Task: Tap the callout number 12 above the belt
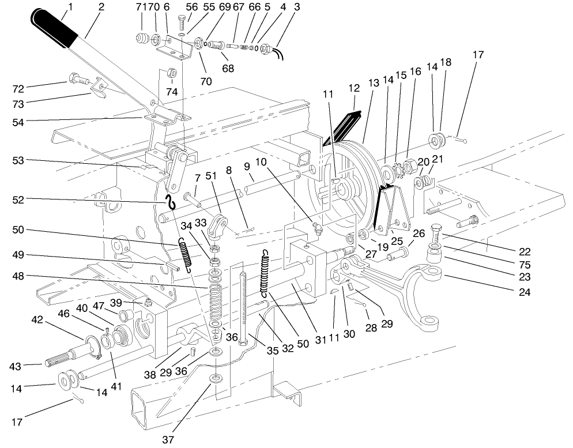(353, 88)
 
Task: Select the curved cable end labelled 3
(279, 55)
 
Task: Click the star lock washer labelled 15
(397, 170)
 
